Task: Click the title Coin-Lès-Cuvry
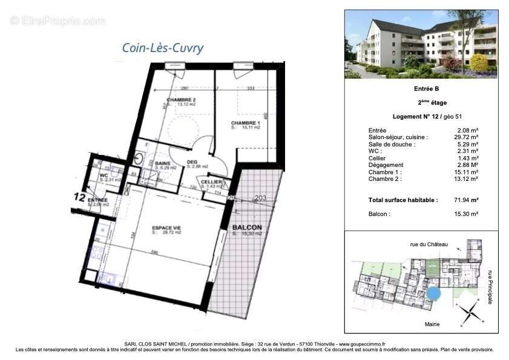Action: tap(163, 48)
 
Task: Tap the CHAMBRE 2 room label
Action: tap(181, 100)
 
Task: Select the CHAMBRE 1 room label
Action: tap(245, 123)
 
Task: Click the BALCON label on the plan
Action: tap(247, 227)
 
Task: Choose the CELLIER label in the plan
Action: tap(210, 182)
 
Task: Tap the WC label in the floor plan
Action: tap(103, 176)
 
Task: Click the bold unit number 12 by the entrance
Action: tap(79, 197)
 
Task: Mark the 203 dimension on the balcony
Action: tap(260, 197)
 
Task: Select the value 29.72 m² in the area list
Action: tap(467, 137)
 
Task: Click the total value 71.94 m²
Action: tap(467, 200)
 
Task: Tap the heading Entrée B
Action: tap(421, 90)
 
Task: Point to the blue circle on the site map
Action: tap(433, 294)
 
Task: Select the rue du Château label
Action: tap(429, 244)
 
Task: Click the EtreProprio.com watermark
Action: tap(58, 21)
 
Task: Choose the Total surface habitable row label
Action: tap(402, 200)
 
